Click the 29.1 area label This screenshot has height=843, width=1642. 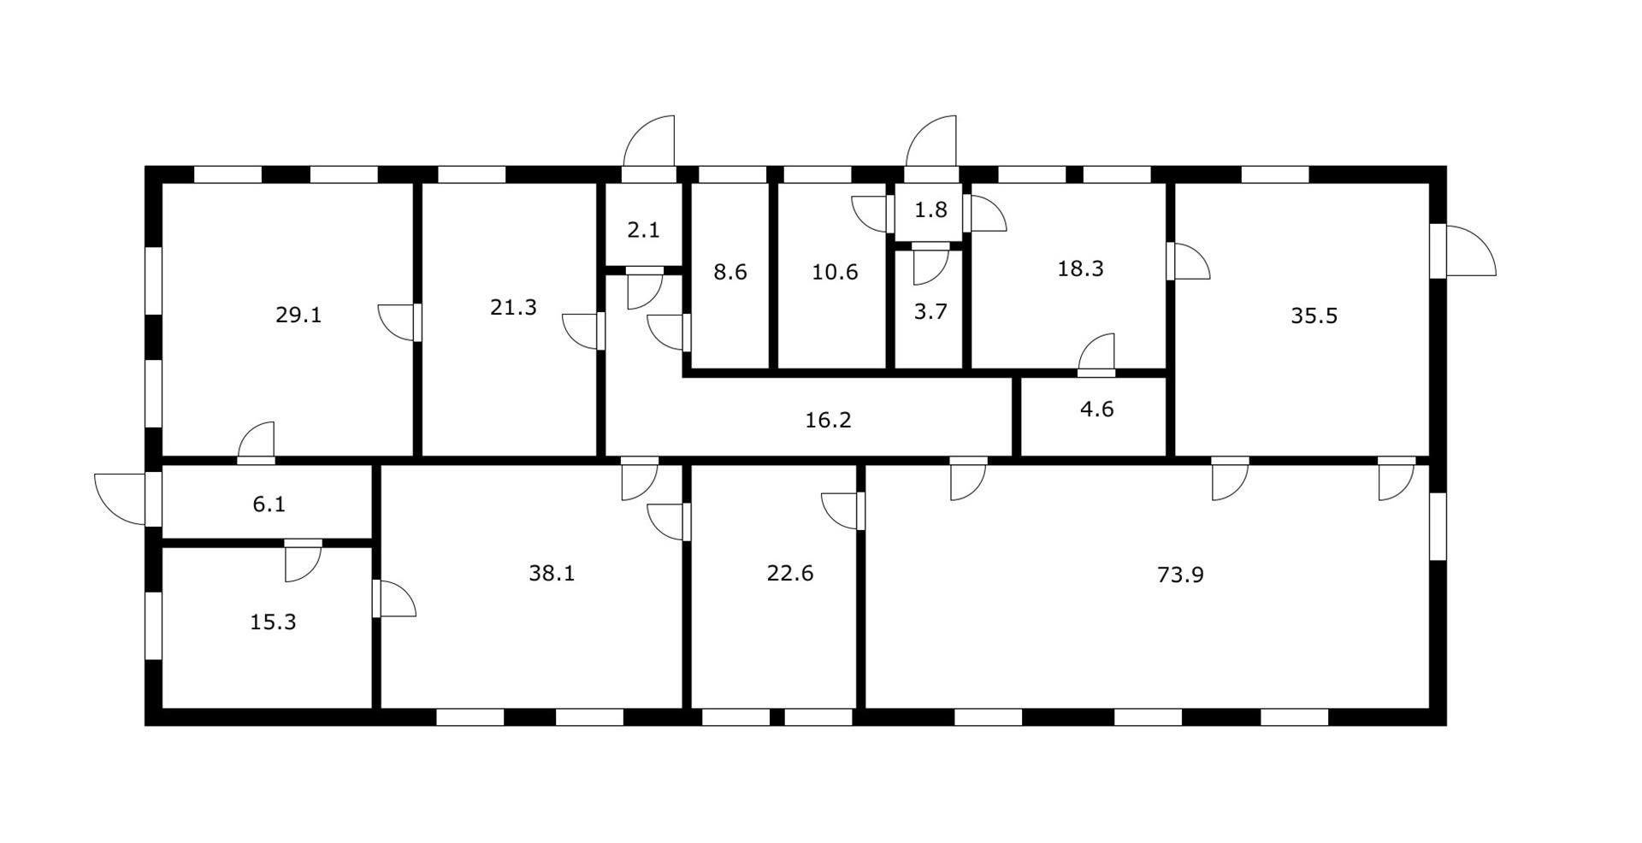pos(298,315)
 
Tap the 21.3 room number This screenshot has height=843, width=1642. pos(513,307)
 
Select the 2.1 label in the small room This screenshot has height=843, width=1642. pos(643,230)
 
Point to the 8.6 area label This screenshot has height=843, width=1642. pos(730,272)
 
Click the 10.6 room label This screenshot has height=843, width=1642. pos(835,272)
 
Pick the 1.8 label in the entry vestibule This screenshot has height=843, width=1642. pos(930,209)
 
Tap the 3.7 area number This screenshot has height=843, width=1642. pos(930,311)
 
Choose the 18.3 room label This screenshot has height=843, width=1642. pos(1081,268)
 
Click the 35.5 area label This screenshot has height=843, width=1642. pos(1314,315)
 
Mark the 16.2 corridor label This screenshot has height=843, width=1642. pos(829,420)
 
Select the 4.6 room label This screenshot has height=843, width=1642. pos(1097,409)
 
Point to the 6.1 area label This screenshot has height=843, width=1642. pos(269,504)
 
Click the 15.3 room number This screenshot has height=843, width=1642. pos(274,622)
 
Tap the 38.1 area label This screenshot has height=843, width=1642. pos(552,573)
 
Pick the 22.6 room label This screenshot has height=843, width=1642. pos(790,573)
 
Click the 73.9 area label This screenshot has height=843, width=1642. pos(1180,575)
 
